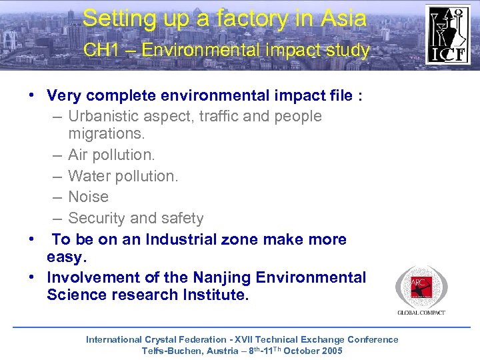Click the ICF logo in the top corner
pos(448,35)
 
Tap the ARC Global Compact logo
pos(421,289)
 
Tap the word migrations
pos(106,134)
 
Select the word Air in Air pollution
pos(78,155)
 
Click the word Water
pos(89,176)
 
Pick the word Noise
pos(88,197)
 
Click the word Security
pos(98,218)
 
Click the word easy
pos(67,257)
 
